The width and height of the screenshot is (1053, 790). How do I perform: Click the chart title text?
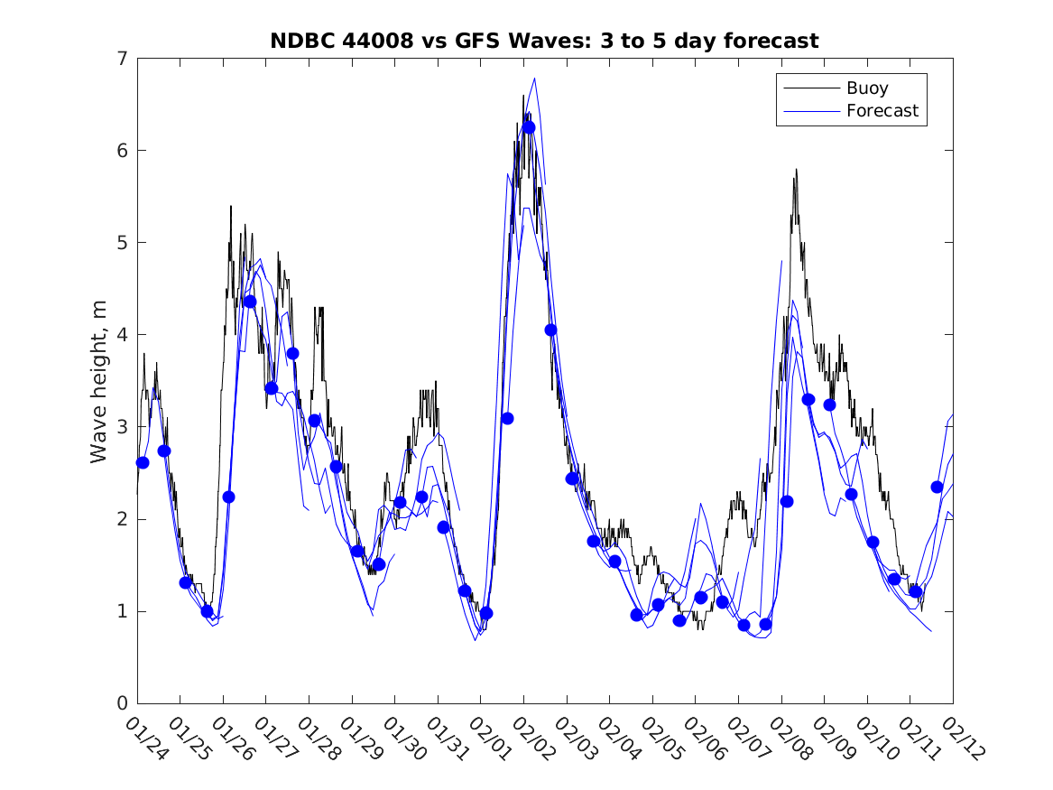point(544,41)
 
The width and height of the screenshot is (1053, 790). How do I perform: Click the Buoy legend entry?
point(866,88)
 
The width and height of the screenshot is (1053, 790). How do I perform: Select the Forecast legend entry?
point(882,111)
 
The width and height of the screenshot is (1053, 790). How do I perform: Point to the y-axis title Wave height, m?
point(99,382)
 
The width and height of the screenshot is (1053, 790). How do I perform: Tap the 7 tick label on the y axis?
point(119,59)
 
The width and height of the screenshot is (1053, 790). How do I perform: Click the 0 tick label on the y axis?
point(119,703)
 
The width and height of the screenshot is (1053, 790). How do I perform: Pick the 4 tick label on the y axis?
point(119,335)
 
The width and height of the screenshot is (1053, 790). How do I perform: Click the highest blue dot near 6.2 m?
point(529,127)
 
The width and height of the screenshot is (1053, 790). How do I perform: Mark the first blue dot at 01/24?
point(143,462)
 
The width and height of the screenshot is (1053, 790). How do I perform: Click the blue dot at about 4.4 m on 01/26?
point(250,302)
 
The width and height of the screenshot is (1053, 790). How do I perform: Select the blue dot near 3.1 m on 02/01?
point(507,418)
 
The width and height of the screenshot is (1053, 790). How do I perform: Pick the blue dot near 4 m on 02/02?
point(550,330)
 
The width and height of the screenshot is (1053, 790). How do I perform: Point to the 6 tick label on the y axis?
point(119,151)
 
